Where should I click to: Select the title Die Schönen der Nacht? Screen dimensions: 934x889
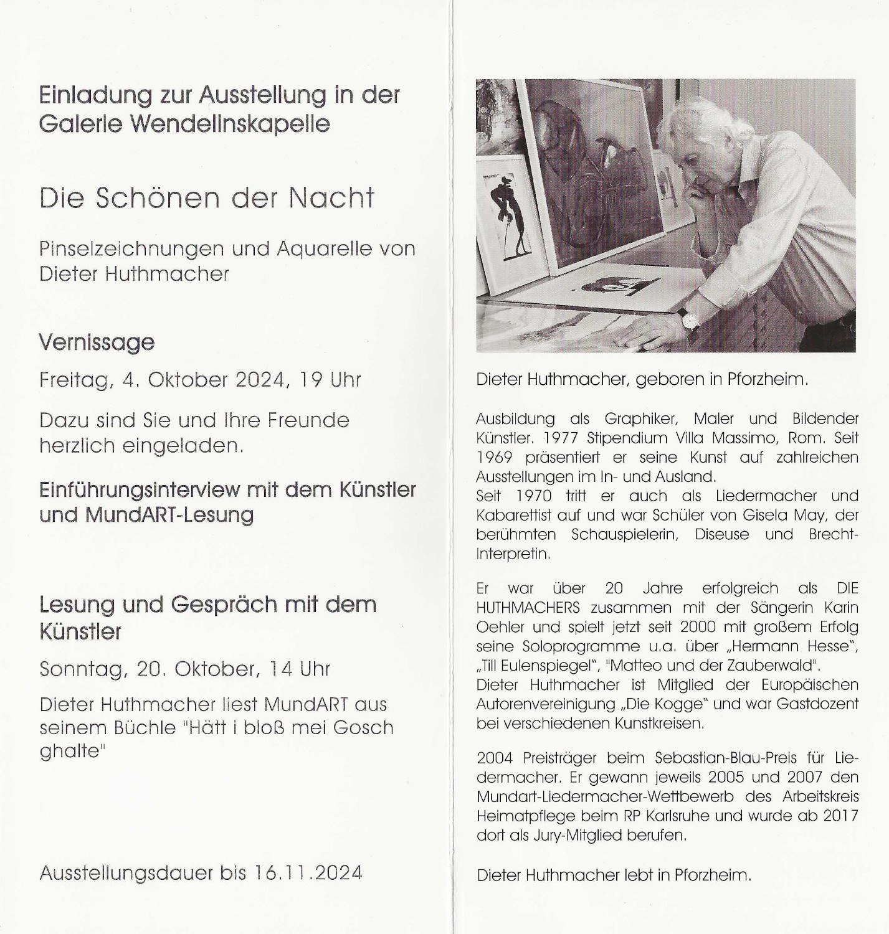coord(207,198)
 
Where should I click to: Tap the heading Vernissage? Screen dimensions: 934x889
coord(97,342)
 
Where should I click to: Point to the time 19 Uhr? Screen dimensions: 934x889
coord(330,379)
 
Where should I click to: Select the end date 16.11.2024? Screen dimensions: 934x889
coord(308,872)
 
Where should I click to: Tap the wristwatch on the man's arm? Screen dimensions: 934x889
coord(689,319)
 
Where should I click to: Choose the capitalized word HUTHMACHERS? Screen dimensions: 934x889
coord(528,607)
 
